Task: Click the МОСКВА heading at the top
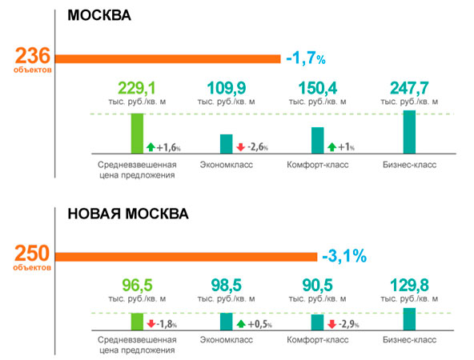(x=99, y=15)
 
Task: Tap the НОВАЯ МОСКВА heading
(x=128, y=214)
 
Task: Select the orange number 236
(x=32, y=56)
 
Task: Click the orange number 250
(x=32, y=253)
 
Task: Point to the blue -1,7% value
(x=306, y=58)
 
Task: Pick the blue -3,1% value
(x=344, y=256)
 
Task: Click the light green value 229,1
(x=137, y=89)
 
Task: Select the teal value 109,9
(x=227, y=89)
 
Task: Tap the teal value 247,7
(x=409, y=89)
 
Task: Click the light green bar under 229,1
(x=137, y=134)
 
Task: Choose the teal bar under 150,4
(x=318, y=141)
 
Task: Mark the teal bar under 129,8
(x=409, y=319)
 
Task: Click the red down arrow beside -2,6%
(x=241, y=147)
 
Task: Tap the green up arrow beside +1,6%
(x=151, y=147)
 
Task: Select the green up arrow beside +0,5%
(x=241, y=324)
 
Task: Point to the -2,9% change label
(x=348, y=324)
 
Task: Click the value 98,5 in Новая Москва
(x=227, y=286)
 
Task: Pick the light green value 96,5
(x=137, y=286)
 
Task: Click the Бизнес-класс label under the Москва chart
(x=410, y=165)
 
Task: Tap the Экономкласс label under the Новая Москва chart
(x=227, y=340)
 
